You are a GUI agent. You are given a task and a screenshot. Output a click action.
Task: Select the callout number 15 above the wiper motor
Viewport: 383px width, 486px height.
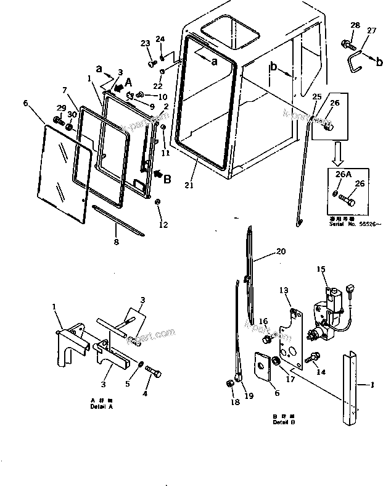(x=320, y=269)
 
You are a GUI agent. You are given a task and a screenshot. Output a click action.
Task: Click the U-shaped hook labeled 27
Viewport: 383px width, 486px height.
(x=353, y=61)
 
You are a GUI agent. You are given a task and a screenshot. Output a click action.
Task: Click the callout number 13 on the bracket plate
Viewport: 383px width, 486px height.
(x=284, y=290)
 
